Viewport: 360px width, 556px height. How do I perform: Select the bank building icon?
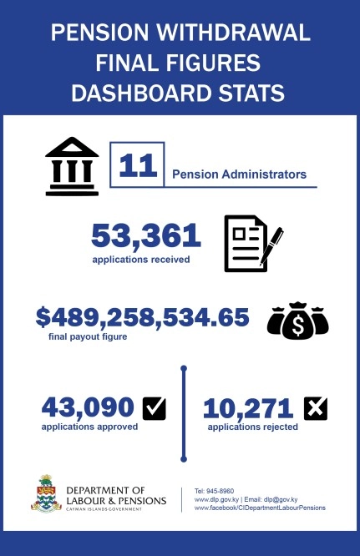72,166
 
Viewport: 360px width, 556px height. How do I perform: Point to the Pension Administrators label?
239,175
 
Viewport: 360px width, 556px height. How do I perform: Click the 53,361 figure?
146,236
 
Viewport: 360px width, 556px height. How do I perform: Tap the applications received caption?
141,259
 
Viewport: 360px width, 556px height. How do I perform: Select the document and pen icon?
252,243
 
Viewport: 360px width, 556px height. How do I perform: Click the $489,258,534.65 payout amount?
142,318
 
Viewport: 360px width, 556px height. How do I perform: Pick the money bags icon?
297,321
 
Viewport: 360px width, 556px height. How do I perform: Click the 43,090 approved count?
88,407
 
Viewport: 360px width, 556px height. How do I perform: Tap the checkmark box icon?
155,408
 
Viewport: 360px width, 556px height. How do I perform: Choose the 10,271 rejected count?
247,408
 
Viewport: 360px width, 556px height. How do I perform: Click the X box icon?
316,408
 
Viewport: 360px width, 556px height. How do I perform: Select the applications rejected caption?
252,427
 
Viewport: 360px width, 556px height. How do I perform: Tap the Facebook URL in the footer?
260,508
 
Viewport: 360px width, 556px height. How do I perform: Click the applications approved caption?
89,427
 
